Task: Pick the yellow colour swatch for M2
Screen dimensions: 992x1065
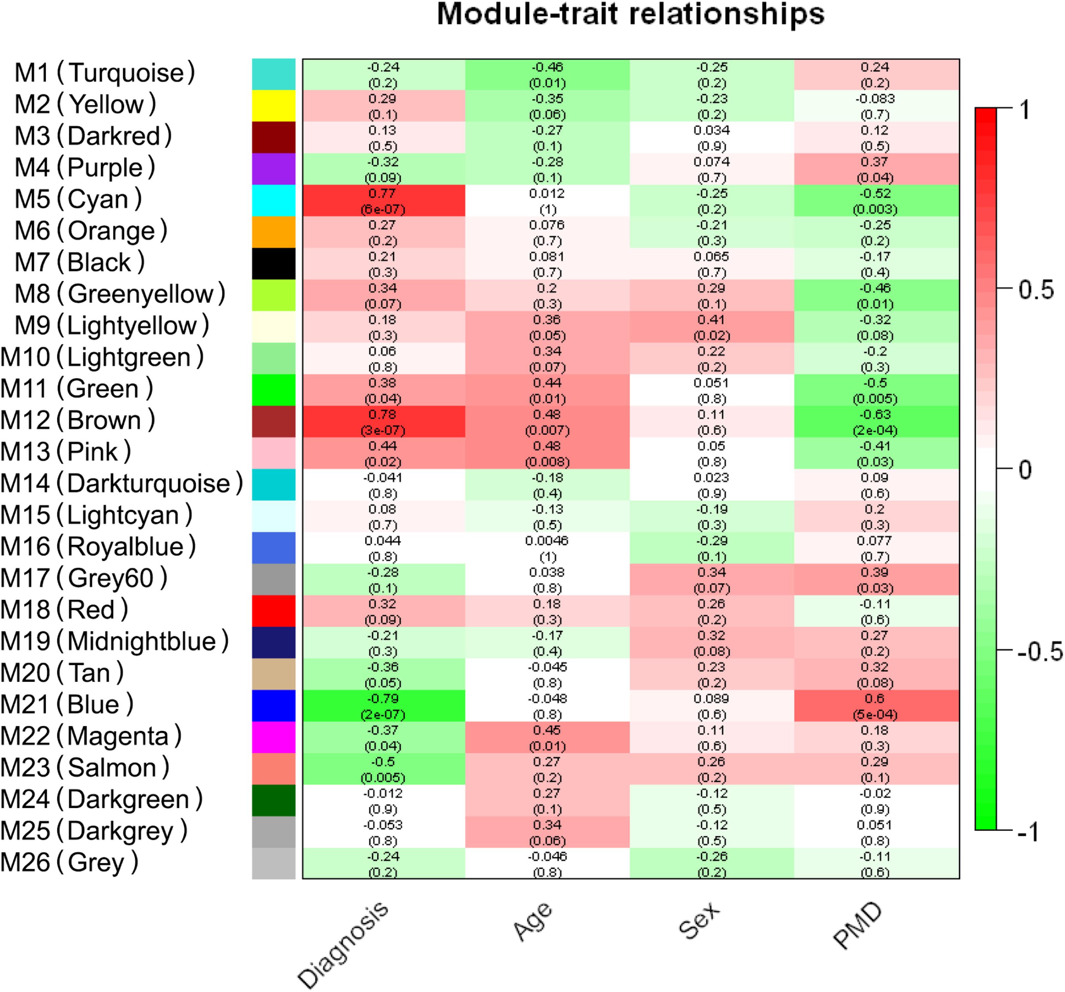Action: [273, 106]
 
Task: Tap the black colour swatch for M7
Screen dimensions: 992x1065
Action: [273, 263]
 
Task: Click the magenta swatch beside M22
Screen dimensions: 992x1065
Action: [273, 737]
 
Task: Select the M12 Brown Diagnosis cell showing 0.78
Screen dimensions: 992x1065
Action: [383, 422]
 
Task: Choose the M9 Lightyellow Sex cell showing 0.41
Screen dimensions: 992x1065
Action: [711, 327]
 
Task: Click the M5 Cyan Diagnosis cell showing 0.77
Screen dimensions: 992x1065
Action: [383, 200]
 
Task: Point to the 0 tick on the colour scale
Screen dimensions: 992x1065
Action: [1024, 470]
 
